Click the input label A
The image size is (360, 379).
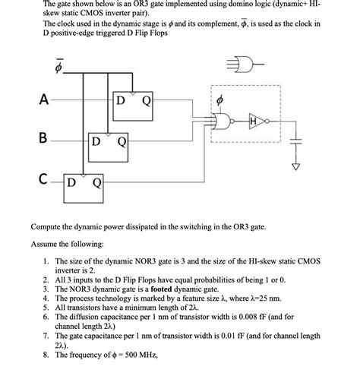point(45,99)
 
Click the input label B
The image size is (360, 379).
point(45,138)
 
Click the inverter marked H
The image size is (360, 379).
point(259,120)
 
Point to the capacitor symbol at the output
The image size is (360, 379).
point(298,141)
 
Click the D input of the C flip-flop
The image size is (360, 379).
point(71,182)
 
